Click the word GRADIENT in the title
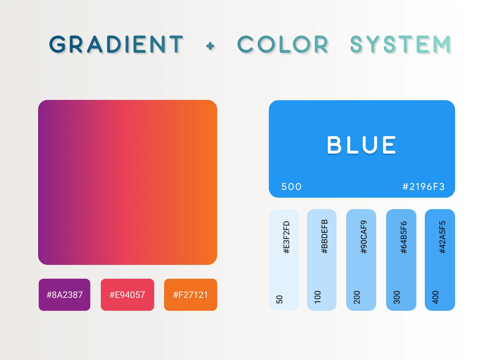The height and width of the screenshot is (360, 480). coord(116,44)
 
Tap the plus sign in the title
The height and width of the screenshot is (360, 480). coord(210,46)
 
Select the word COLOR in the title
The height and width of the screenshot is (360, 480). coord(283,45)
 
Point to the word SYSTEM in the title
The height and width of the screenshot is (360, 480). coord(400,44)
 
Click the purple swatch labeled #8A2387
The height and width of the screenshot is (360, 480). coord(64,295)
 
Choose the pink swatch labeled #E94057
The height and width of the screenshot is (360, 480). coord(127,295)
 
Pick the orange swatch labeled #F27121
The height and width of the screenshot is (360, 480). coord(190,295)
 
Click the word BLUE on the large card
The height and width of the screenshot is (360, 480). coord(362,145)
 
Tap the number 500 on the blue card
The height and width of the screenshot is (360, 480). coord(291,187)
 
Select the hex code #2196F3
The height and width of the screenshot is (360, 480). coord(423,187)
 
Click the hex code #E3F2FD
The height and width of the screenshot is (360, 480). coord(286,237)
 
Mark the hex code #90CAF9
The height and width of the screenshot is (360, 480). coord(364,237)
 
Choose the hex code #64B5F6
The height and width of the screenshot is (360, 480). coord(404,237)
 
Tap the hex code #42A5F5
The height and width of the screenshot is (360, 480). coord(442,237)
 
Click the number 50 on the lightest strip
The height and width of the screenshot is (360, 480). coord(279,299)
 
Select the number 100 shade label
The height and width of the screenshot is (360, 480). coord(318,297)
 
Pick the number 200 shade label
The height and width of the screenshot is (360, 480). coord(357,297)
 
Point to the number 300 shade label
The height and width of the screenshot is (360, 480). coord(397,297)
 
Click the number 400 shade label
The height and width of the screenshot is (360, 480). coord(435,297)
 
